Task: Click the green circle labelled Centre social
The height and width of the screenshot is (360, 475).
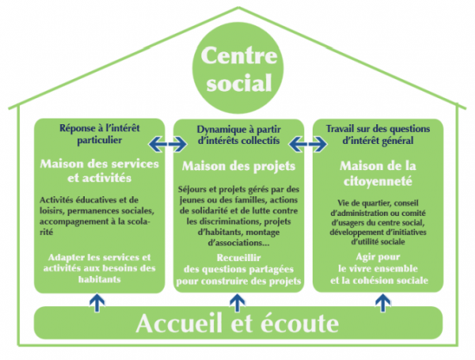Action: pos(238,68)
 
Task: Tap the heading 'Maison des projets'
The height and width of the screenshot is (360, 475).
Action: pos(238,166)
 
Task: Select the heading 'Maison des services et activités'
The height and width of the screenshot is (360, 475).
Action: pos(100,171)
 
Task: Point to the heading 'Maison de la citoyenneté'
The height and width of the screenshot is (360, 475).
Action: pos(378,173)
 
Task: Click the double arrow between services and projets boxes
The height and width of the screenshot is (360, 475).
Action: pos(168,143)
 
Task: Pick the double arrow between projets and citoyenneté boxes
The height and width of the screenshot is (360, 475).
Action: pos(308,144)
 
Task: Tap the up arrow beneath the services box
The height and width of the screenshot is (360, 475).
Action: pos(97,302)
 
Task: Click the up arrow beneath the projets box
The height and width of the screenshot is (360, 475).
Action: pos(237,303)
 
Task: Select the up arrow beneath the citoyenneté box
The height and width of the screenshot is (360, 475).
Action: pos(383,303)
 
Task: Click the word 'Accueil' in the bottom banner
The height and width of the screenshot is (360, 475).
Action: pos(179,324)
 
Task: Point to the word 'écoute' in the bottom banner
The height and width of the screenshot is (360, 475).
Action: pos(299,324)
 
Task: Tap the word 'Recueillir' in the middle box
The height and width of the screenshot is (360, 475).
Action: pos(239,258)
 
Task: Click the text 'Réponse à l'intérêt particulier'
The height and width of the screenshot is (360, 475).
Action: pos(100,135)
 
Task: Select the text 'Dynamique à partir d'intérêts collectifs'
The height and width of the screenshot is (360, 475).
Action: pos(239,135)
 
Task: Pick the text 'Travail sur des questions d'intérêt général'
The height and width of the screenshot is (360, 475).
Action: pos(378,135)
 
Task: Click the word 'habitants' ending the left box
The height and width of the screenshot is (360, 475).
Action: pos(100,279)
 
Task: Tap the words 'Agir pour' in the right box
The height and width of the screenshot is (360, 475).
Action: pos(378,257)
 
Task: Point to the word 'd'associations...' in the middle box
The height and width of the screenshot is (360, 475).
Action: pos(239,243)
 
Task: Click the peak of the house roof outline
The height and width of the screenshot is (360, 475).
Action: pos(238,8)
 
